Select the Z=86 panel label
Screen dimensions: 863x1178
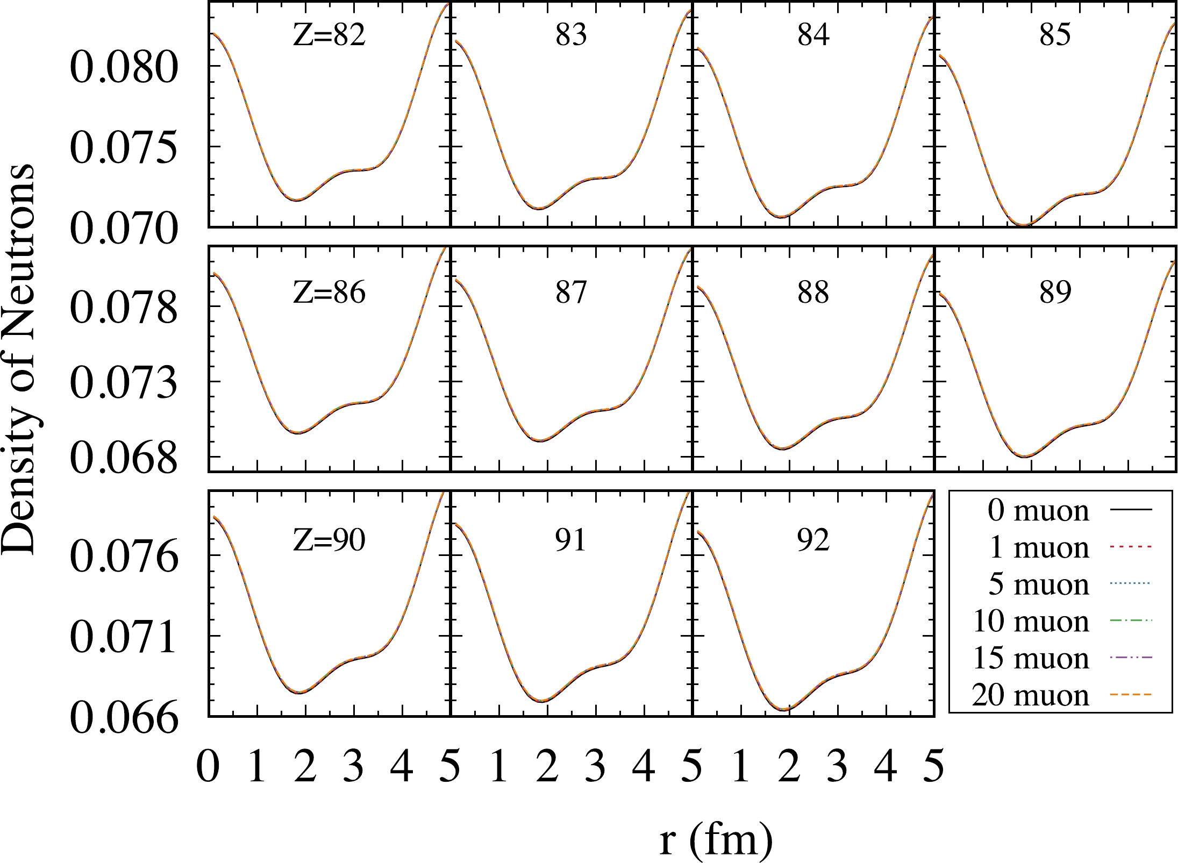(x=329, y=293)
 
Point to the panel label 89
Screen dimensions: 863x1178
(x=1055, y=293)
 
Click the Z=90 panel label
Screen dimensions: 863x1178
(x=329, y=540)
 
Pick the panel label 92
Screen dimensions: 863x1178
(x=813, y=540)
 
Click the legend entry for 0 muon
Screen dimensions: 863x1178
(x=1038, y=510)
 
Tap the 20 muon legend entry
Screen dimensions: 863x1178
(x=1030, y=695)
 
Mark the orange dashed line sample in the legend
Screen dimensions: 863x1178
(x=1131, y=695)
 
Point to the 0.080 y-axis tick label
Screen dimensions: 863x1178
(x=124, y=68)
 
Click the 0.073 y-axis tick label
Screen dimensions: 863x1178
(x=124, y=383)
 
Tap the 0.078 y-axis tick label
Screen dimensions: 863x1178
(x=124, y=308)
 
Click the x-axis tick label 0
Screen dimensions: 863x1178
(x=208, y=766)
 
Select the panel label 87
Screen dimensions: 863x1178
(x=571, y=293)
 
